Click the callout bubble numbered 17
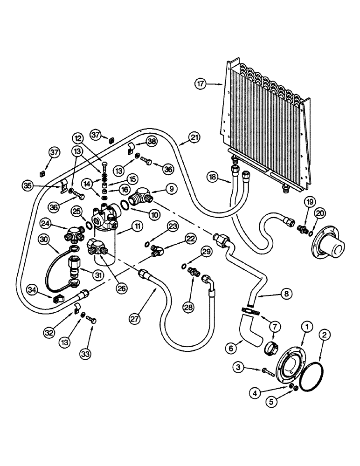(201, 84)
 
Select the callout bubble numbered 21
(194, 137)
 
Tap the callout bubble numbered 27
(135, 318)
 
